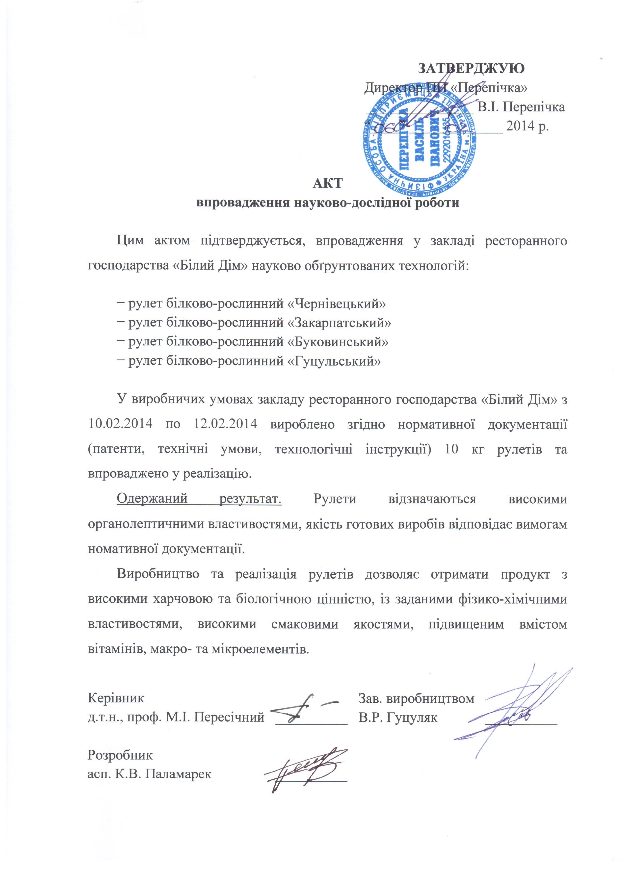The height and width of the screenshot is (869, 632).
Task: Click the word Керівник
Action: pos(116,698)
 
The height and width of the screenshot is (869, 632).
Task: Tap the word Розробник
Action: pos(120,755)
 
